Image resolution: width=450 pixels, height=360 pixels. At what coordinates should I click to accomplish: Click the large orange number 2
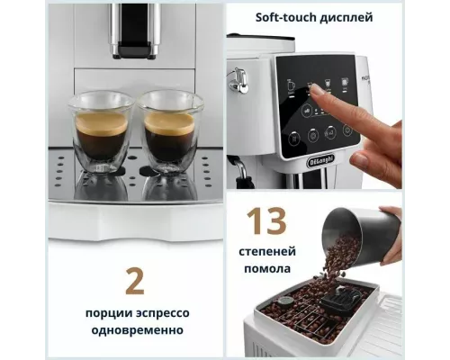[135, 280]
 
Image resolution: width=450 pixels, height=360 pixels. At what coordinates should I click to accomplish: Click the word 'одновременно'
[135, 330]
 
